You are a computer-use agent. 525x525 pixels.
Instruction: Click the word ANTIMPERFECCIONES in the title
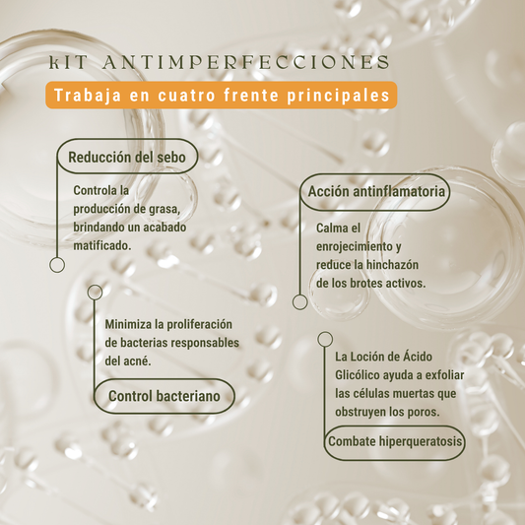pos(246,63)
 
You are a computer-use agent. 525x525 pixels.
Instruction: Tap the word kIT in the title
pos(68,63)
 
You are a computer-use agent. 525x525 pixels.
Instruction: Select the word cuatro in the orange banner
pos(187,96)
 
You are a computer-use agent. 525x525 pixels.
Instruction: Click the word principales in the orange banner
pos(339,96)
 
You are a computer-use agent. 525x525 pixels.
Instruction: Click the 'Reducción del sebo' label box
pos(127,157)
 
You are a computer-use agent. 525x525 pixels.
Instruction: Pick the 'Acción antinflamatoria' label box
pos(375,192)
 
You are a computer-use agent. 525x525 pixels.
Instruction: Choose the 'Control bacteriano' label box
pos(164,396)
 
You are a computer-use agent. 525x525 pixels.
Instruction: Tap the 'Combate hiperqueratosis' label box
pos(395,441)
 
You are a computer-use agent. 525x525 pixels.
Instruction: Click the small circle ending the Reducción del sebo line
pos(57,265)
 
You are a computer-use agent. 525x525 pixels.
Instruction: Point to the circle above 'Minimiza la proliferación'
pos(95,293)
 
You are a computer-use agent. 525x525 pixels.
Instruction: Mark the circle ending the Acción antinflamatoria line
pos(300,302)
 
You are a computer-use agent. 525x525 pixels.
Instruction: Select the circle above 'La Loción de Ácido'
pos(325,339)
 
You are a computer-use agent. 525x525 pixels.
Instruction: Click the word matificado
pos(102,246)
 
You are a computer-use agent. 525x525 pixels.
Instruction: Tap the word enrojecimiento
pos(355,247)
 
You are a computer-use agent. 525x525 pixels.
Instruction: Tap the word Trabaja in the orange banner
pos(88,96)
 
